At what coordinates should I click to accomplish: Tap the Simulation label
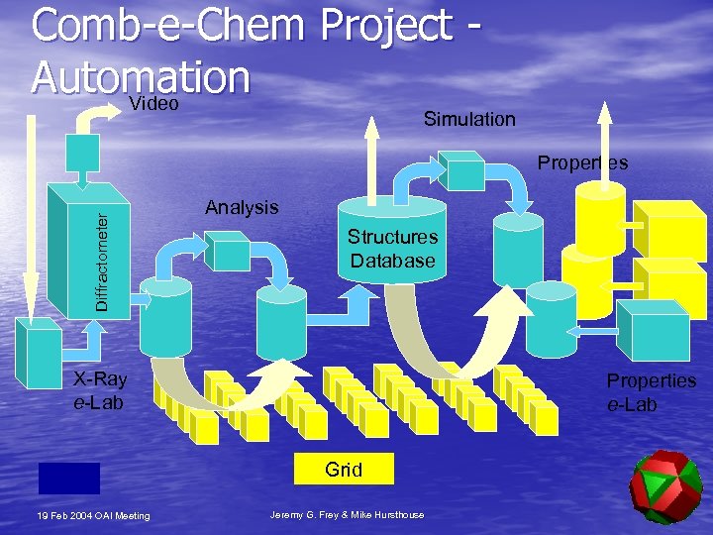(x=469, y=119)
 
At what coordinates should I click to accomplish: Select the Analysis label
(x=242, y=207)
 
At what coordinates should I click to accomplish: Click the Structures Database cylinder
(x=392, y=242)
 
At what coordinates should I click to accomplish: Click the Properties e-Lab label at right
(x=651, y=392)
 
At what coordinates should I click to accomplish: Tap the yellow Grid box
(x=344, y=470)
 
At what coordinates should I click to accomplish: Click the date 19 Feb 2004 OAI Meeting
(x=93, y=515)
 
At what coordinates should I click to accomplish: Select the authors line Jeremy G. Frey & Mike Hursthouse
(x=347, y=514)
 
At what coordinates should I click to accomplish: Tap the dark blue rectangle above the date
(x=69, y=478)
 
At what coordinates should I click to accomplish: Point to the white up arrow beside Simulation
(x=372, y=139)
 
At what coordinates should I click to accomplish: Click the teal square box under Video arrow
(x=82, y=154)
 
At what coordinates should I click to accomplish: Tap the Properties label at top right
(x=582, y=163)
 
